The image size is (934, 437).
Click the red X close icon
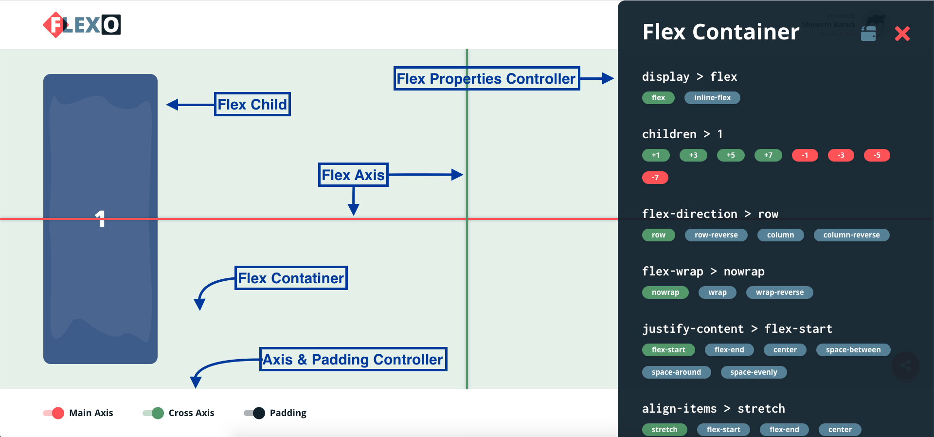902,34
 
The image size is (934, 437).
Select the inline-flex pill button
712,98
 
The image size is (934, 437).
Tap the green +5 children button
730,155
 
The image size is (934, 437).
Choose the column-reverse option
851,235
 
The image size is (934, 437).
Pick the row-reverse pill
716,235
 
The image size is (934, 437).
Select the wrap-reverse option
779,292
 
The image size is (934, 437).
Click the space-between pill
853,350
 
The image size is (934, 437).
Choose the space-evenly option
753,372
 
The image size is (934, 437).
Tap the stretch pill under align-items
664,430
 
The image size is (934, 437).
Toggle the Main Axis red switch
54,413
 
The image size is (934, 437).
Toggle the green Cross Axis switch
153,413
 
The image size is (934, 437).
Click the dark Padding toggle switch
254,413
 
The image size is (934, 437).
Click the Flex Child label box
252,104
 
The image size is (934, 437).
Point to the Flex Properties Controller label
486,78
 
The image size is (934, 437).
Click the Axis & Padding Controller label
353,359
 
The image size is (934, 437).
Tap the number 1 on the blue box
100,218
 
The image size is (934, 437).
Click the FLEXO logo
82,25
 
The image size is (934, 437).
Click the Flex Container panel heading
720,32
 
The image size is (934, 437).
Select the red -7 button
655,178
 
